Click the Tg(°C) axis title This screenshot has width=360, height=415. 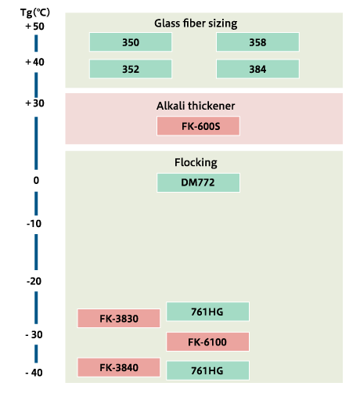(x=35, y=13)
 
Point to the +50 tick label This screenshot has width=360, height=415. (x=34, y=27)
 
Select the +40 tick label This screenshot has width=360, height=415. (x=34, y=62)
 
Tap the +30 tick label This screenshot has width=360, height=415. (x=34, y=103)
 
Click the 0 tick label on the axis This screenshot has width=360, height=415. (x=36, y=181)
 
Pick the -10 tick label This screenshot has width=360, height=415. (x=34, y=224)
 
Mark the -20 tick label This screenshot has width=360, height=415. (x=34, y=281)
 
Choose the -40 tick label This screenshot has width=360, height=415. (x=34, y=373)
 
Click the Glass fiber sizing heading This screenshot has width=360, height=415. (x=196, y=23)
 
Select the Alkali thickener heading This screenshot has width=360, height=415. (x=196, y=106)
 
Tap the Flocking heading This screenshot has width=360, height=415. (x=196, y=163)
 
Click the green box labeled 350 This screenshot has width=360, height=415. (x=131, y=41)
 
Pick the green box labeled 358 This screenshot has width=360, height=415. (x=257, y=41)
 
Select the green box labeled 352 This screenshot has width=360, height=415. (x=131, y=69)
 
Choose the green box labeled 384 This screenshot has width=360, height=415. (x=257, y=69)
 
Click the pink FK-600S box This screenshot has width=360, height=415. (x=198, y=126)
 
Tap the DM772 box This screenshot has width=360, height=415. (x=198, y=182)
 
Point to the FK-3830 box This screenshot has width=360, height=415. (x=119, y=319)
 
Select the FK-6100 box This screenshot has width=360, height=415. (x=207, y=342)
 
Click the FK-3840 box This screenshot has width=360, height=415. (x=119, y=367)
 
